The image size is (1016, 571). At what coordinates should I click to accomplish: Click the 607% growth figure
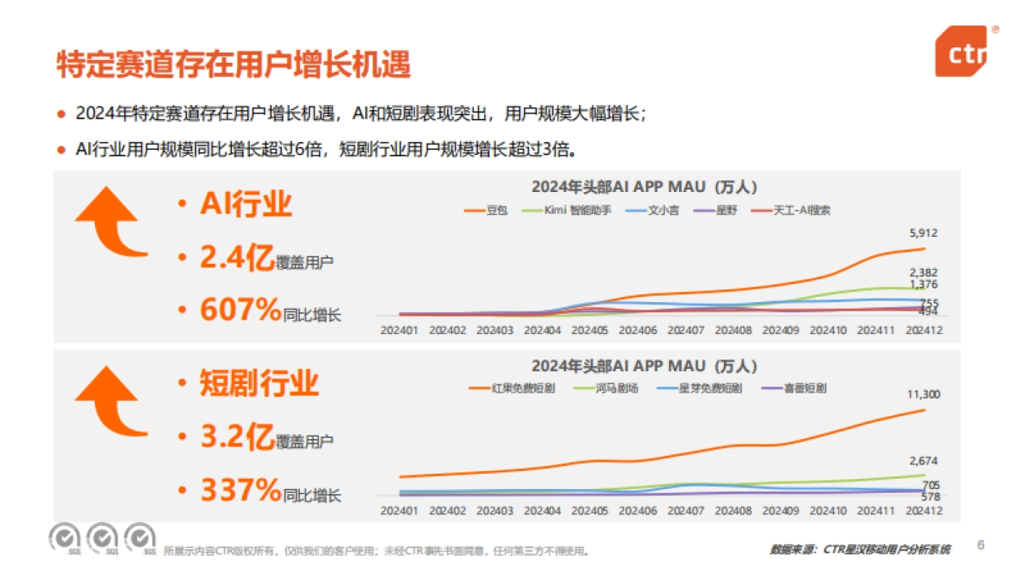240,310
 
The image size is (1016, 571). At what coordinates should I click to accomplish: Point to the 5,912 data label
923,233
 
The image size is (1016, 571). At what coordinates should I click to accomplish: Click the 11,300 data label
923,394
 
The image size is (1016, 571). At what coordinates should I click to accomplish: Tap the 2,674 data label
923,461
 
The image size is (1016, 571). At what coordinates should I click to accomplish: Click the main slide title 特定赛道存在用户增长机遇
233,64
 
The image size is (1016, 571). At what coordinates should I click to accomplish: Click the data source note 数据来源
860,550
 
